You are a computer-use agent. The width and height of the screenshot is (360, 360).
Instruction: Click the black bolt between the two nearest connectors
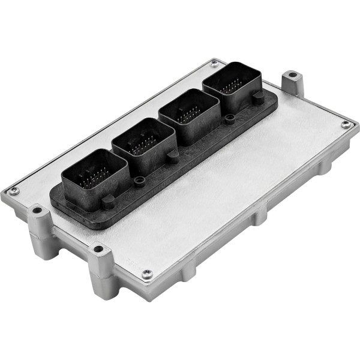[x=139, y=180]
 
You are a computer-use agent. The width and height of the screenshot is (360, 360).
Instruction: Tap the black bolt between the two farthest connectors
[x=229, y=119]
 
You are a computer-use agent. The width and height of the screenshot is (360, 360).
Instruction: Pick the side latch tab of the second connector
[x=173, y=157]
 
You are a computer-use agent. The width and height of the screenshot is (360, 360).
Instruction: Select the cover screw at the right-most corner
[x=345, y=124]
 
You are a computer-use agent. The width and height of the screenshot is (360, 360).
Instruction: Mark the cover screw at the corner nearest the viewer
[x=146, y=275]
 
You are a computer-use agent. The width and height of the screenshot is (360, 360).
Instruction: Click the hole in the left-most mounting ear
[x=37, y=211]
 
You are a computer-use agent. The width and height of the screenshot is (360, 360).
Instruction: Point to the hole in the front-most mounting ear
[x=96, y=248]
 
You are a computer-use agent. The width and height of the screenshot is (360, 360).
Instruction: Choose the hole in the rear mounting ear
[x=292, y=76]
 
